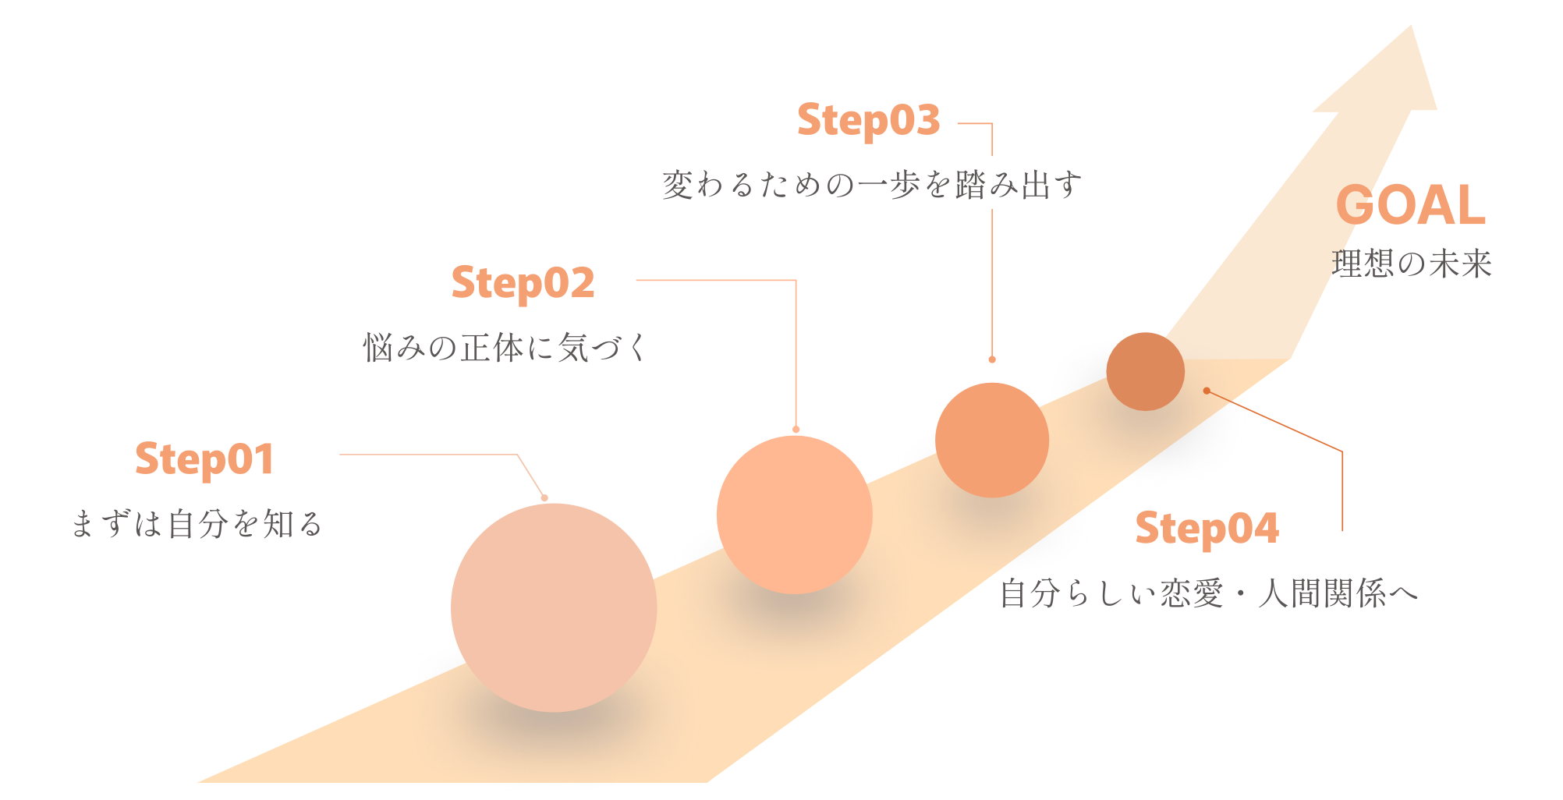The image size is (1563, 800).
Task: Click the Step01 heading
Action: pos(204,458)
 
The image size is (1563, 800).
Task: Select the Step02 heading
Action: pos(523,282)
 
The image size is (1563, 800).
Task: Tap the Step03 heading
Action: pos(868,120)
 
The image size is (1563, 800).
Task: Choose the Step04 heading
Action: pos(1207,529)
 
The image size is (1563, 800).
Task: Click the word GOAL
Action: pos(1410,205)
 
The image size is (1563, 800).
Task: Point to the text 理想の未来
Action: pos(1411,264)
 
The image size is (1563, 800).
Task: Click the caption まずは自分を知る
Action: pos(197,524)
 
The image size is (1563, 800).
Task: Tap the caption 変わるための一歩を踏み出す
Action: pos(872,186)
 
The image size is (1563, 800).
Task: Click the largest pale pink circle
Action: pos(554,607)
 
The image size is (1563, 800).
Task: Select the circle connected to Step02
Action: pos(794,515)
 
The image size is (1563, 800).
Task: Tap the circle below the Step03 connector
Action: pos(991,440)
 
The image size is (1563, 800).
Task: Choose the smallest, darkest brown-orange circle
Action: pos(1145,371)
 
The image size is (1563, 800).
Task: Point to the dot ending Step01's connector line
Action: pos(544,497)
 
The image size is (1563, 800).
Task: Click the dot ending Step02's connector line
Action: pos(796,429)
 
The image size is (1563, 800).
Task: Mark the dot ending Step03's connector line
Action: pos(992,359)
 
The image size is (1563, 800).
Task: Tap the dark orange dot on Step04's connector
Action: pos(1207,391)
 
